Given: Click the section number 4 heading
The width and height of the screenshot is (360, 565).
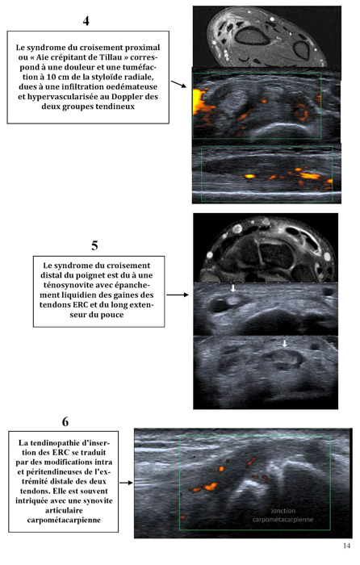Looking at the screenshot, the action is [x=86, y=20].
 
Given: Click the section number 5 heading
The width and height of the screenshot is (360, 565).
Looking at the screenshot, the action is [x=94, y=245].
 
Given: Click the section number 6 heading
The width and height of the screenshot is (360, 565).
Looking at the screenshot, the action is [x=65, y=421].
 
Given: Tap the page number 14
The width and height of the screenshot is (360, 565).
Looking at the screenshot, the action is [x=346, y=546].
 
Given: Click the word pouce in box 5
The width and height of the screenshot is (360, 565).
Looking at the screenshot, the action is [x=113, y=315].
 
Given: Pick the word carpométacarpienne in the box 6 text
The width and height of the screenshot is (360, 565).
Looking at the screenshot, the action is [x=64, y=520].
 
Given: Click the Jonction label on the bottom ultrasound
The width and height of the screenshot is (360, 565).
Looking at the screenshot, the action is [x=283, y=511].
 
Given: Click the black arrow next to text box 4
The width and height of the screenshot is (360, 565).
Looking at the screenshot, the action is [x=178, y=84].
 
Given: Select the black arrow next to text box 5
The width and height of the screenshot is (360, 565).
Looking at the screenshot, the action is [x=178, y=295].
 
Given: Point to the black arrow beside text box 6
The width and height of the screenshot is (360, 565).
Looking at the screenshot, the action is [x=126, y=483].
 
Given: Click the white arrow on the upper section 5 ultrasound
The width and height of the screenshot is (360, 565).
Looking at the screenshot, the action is [x=233, y=288].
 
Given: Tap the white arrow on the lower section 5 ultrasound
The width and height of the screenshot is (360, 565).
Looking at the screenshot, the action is [x=285, y=343].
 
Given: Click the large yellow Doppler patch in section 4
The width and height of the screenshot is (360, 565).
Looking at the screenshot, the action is [x=199, y=101].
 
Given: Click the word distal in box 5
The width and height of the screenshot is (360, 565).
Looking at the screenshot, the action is [x=51, y=275].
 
